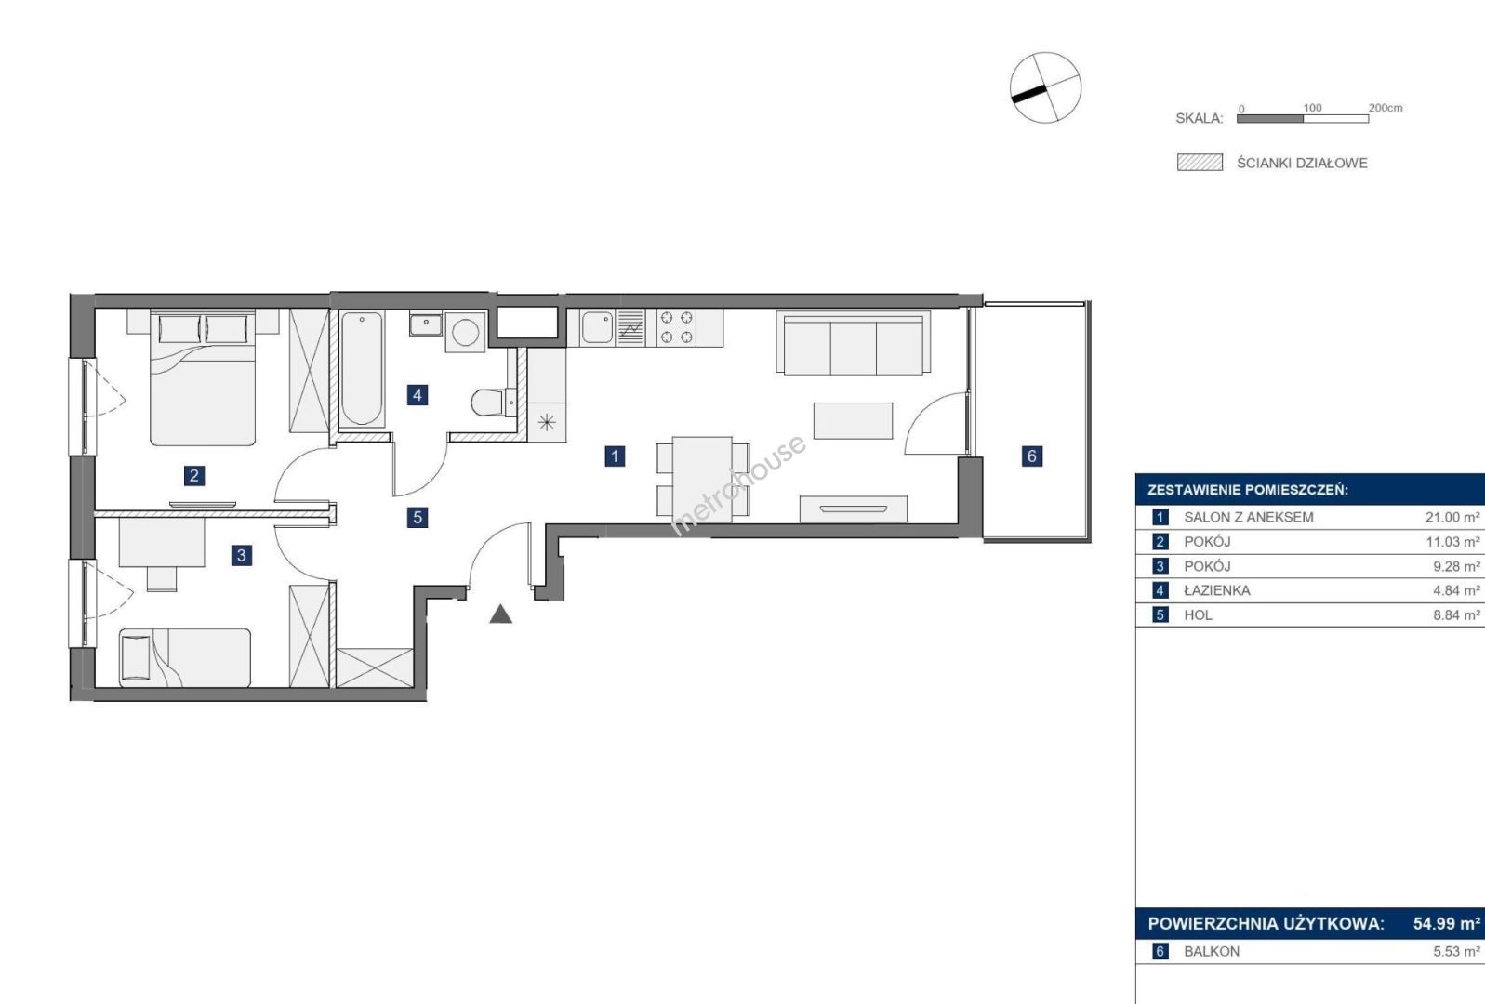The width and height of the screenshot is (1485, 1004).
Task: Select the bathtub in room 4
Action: click(x=362, y=368)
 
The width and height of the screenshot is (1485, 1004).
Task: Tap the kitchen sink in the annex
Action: click(x=597, y=327)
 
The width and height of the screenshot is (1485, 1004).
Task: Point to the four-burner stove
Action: click(x=676, y=327)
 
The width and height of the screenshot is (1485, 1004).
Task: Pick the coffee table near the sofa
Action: click(x=853, y=420)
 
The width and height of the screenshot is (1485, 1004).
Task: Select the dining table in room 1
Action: click(x=702, y=479)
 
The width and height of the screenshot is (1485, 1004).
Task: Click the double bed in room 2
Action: click(x=203, y=377)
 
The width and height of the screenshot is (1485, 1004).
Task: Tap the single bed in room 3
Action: click(x=185, y=657)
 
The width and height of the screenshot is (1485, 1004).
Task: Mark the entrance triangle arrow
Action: click(x=500, y=615)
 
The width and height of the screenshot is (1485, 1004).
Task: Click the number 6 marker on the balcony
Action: click(x=1031, y=456)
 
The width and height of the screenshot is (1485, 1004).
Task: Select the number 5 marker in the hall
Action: click(x=417, y=517)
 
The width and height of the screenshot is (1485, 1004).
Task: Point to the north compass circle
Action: click(x=1045, y=87)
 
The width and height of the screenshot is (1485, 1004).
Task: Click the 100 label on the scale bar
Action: click(x=1312, y=107)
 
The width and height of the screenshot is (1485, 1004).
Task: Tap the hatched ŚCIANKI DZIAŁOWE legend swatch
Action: click(x=1200, y=163)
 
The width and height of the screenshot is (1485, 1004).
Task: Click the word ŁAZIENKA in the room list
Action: click(x=1217, y=590)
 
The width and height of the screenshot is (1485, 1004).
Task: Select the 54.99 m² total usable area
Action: click(x=1447, y=923)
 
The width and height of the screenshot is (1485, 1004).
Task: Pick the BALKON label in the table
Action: click(x=1212, y=951)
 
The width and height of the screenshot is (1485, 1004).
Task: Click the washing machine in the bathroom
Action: click(x=465, y=331)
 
